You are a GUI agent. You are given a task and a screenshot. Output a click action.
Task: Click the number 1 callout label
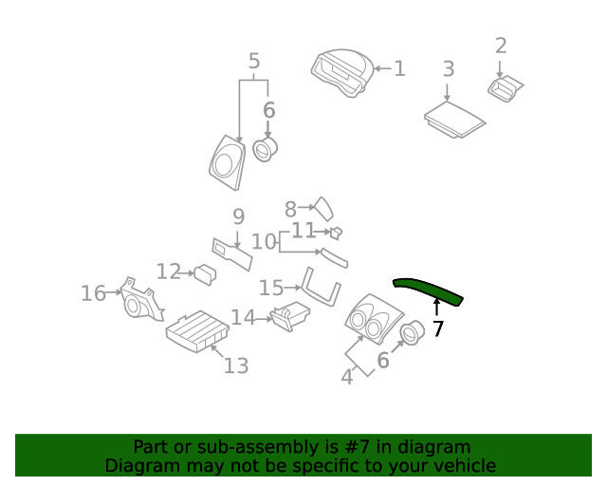[399, 68]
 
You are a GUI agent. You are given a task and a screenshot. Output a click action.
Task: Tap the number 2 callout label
[501, 46]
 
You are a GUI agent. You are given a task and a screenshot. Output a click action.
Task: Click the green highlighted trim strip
[429, 290]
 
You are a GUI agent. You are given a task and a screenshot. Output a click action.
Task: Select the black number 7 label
[437, 329]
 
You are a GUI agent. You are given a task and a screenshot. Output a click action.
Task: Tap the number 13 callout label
[235, 365]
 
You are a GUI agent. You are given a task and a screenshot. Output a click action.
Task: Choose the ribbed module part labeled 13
[196, 330]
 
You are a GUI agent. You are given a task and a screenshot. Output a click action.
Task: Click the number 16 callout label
[93, 293]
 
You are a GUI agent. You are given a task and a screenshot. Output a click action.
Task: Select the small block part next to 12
[204, 274]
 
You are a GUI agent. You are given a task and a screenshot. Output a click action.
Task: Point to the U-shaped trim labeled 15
[318, 290]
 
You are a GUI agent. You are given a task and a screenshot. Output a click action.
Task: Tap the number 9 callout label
[239, 216]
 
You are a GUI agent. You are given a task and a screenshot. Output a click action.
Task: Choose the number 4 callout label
[347, 377]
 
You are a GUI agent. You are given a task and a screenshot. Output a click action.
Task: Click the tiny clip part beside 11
[335, 232]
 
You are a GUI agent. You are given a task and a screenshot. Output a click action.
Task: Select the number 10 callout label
[264, 242]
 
